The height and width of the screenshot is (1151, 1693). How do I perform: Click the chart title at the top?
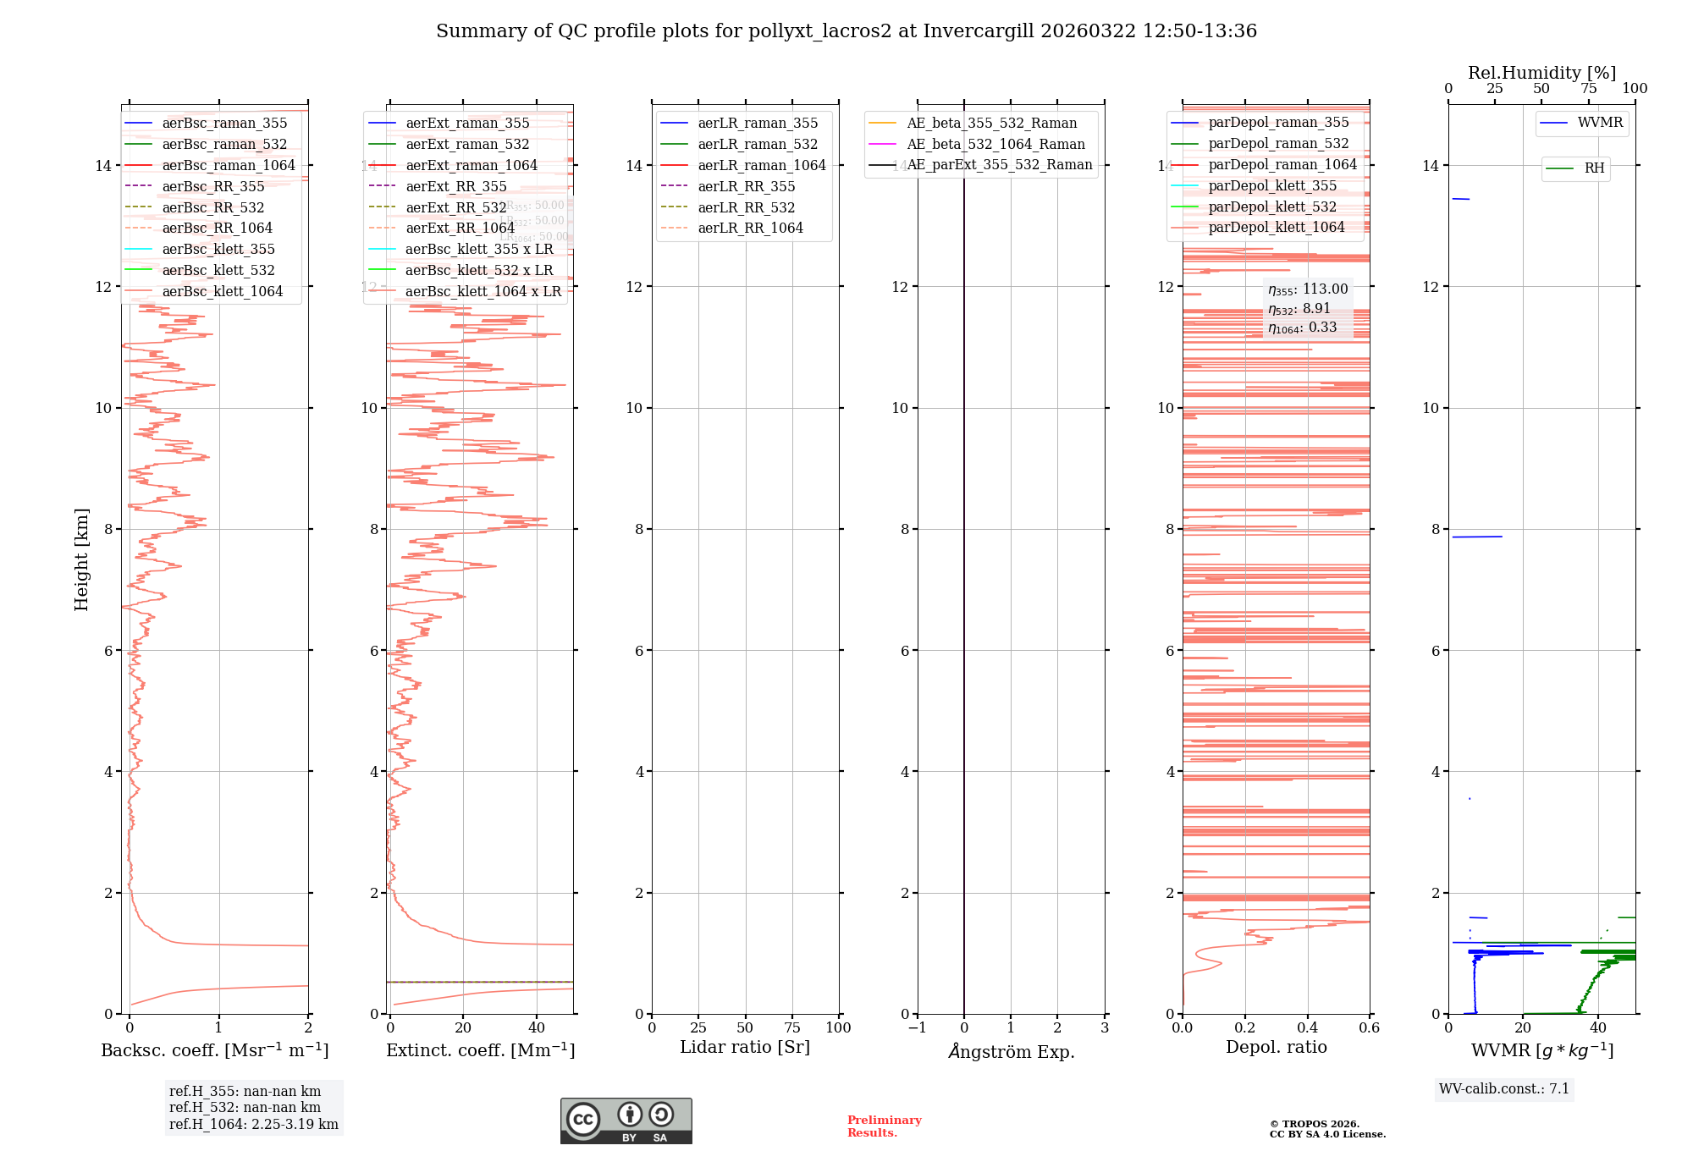[x=846, y=31]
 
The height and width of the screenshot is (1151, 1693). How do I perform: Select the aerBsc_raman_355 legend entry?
[x=224, y=124]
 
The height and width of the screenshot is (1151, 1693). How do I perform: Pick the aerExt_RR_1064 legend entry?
[x=460, y=229]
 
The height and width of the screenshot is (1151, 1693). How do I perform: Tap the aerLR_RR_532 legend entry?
[x=746, y=207]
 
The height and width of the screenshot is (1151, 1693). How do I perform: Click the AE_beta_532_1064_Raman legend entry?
[x=995, y=144]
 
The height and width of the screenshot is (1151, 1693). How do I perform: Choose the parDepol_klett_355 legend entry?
[x=1272, y=186]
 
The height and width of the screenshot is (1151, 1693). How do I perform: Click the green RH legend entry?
[x=1594, y=168]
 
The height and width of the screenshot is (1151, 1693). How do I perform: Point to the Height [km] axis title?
[x=81, y=559]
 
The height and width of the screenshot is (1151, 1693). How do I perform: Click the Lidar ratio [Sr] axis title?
[x=745, y=1048]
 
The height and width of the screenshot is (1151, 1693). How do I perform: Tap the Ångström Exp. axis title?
[x=1012, y=1052]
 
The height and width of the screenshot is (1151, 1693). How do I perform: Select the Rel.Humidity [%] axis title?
[x=1541, y=73]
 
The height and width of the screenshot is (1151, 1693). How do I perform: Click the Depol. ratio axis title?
[x=1277, y=1048]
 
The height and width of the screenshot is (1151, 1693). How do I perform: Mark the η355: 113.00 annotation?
[x=1308, y=289]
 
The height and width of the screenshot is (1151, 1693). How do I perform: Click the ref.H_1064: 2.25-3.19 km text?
[x=254, y=1125]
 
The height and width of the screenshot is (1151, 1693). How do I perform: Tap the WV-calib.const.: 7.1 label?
[x=1504, y=1089]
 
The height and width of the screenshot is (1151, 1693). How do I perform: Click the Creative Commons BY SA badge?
[x=626, y=1121]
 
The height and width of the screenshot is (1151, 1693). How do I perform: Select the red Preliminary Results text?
[x=884, y=1126]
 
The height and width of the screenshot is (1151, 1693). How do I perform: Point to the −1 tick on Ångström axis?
[x=917, y=1028]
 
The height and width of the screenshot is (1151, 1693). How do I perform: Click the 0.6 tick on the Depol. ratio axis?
[x=1369, y=1028]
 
